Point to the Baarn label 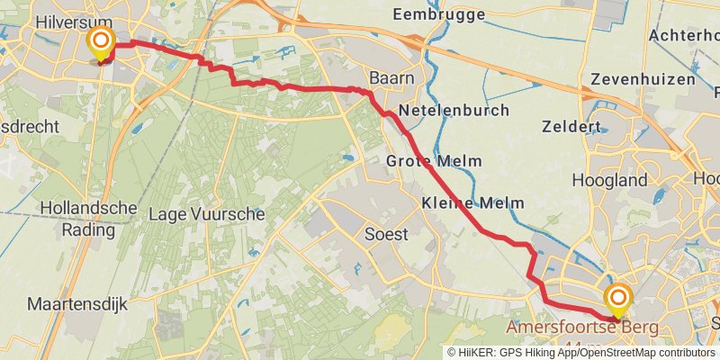[393, 78]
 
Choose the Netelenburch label [454, 111]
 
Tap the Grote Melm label [433, 161]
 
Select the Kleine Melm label [472, 203]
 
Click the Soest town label [386, 234]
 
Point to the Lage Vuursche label [205, 214]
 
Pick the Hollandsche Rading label [88, 219]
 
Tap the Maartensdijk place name [77, 304]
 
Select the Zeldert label [571, 127]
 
